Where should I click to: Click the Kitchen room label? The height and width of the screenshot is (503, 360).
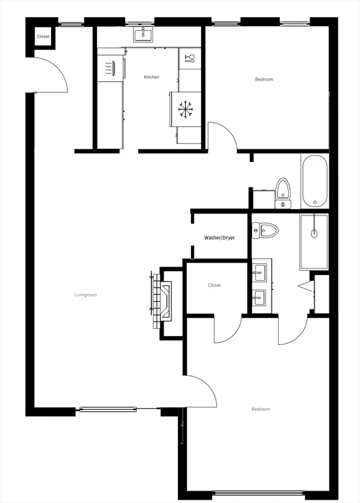[151, 77]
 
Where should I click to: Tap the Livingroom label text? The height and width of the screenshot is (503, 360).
[86, 295]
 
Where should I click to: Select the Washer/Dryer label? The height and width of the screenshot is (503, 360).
[219, 238]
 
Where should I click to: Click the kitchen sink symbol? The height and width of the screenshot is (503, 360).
[143, 34]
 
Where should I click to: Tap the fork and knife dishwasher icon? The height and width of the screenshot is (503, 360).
[189, 59]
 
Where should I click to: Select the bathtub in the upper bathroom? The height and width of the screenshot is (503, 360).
[314, 180]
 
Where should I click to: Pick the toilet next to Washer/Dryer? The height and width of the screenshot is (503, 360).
[265, 231]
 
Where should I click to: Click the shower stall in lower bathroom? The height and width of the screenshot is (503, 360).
[314, 242]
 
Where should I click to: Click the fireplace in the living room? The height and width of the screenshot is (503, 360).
[161, 301]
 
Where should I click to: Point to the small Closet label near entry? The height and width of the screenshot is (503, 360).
[43, 37]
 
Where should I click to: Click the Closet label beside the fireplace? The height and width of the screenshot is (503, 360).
[214, 285]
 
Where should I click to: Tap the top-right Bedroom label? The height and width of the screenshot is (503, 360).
[264, 79]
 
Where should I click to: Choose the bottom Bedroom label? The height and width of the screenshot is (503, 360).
[261, 409]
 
